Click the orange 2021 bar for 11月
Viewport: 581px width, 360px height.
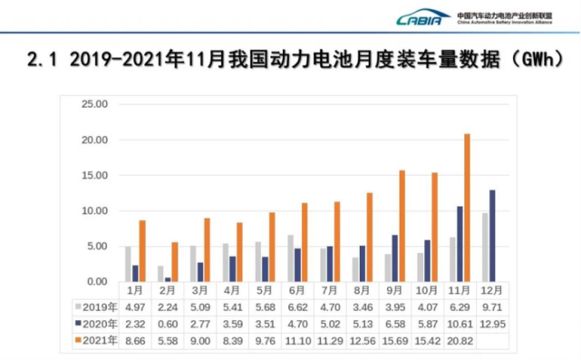tap(467, 208)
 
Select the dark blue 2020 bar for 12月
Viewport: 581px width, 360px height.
tap(492, 236)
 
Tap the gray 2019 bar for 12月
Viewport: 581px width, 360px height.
tap(484, 247)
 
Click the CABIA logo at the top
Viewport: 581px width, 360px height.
tap(424, 17)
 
